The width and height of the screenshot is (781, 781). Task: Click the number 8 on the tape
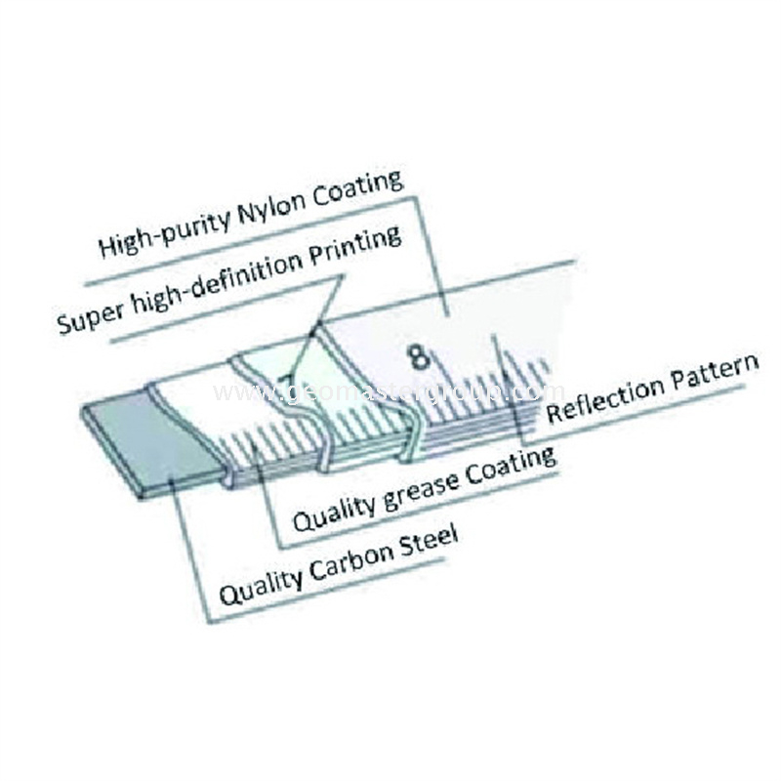pos(420,356)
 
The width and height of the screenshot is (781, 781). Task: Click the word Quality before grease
pos(333,509)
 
